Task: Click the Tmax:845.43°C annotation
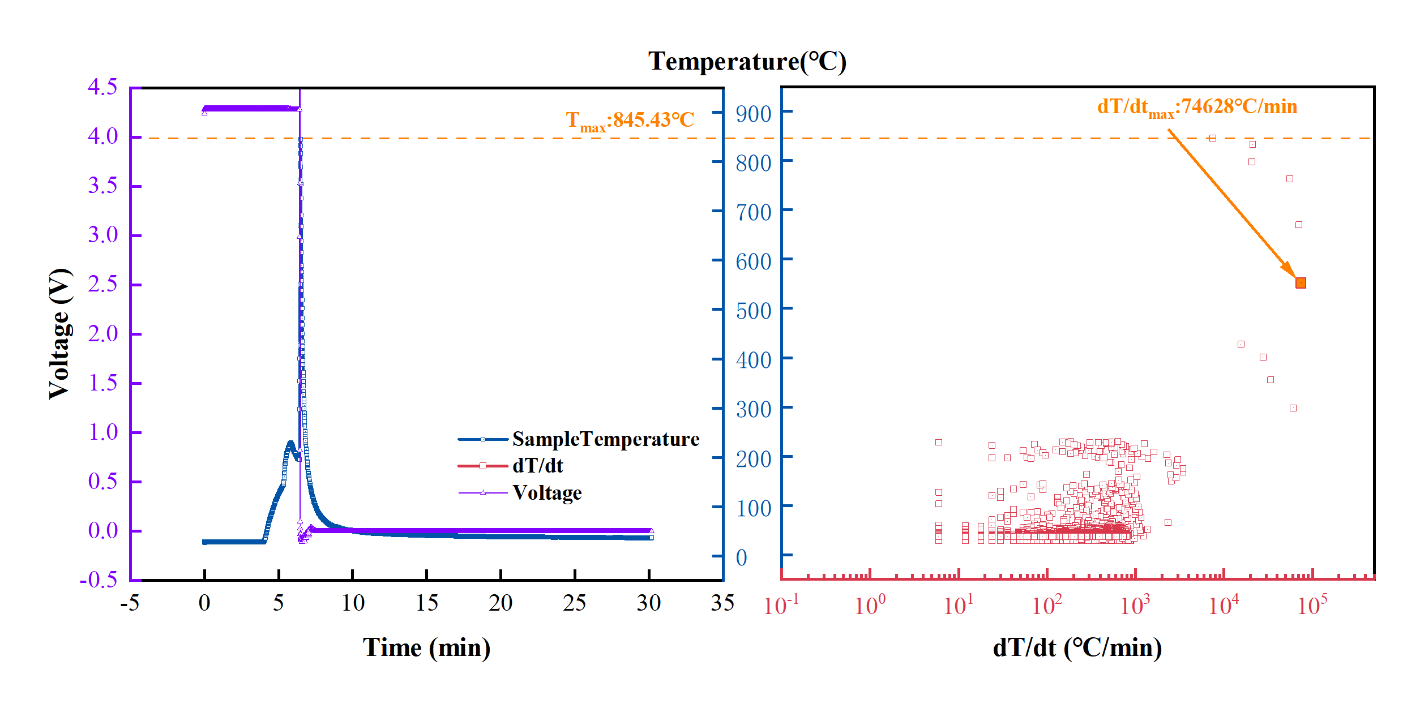tap(630, 121)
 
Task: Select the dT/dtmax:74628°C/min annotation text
tap(1197, 107)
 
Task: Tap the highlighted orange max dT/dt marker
tap(1301, 283)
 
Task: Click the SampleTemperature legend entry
tap(605, 439)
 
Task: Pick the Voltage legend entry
tap(547, 493)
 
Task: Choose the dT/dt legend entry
tap(537, 466)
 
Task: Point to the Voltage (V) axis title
tap(60, 334)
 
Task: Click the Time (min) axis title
tap(426, 647)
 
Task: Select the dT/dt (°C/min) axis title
tap(1077, 647)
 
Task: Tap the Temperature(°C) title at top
tap(747, 61)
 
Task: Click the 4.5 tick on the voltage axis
tap(102, 87)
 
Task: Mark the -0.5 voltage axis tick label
tap(99, 580)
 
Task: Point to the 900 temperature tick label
tap(753, 114)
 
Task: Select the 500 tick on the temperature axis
tap(753, 311)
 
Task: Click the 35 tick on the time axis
tap(722, 603)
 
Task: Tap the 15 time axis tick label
tap(426, 603)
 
